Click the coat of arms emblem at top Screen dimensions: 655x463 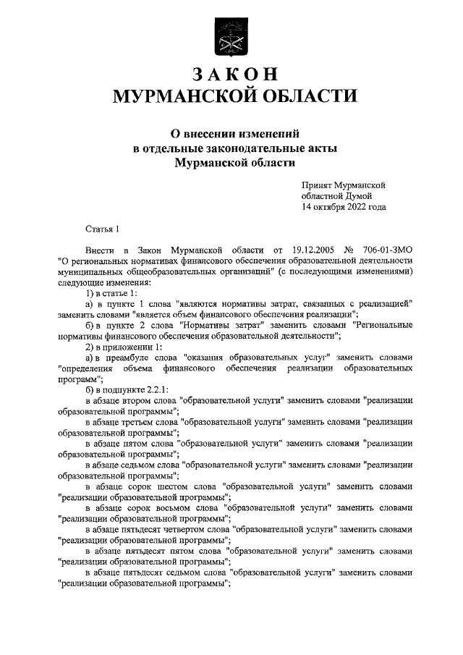231,37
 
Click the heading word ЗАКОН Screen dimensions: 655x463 231,74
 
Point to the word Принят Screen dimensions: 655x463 319,185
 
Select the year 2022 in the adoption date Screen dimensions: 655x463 353,207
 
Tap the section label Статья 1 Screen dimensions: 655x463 101,229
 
